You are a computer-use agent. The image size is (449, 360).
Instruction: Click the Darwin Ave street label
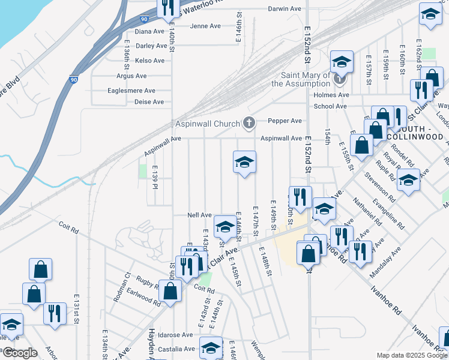(x=284, y=9)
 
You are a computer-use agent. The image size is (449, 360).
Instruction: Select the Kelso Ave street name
(x=150, y=61)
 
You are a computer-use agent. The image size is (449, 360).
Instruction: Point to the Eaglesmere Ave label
(x=131, y=91)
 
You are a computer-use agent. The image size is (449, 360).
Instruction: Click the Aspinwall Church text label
(x=208, y=124)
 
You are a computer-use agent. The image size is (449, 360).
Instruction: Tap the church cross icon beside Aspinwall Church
(x=249, y=124)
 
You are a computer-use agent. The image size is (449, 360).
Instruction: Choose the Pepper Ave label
(x=285, y=121)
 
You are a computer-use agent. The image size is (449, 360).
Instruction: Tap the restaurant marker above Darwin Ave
(x=167, y=7)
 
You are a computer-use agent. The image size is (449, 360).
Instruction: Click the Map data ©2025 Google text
(x=411, y=355)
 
